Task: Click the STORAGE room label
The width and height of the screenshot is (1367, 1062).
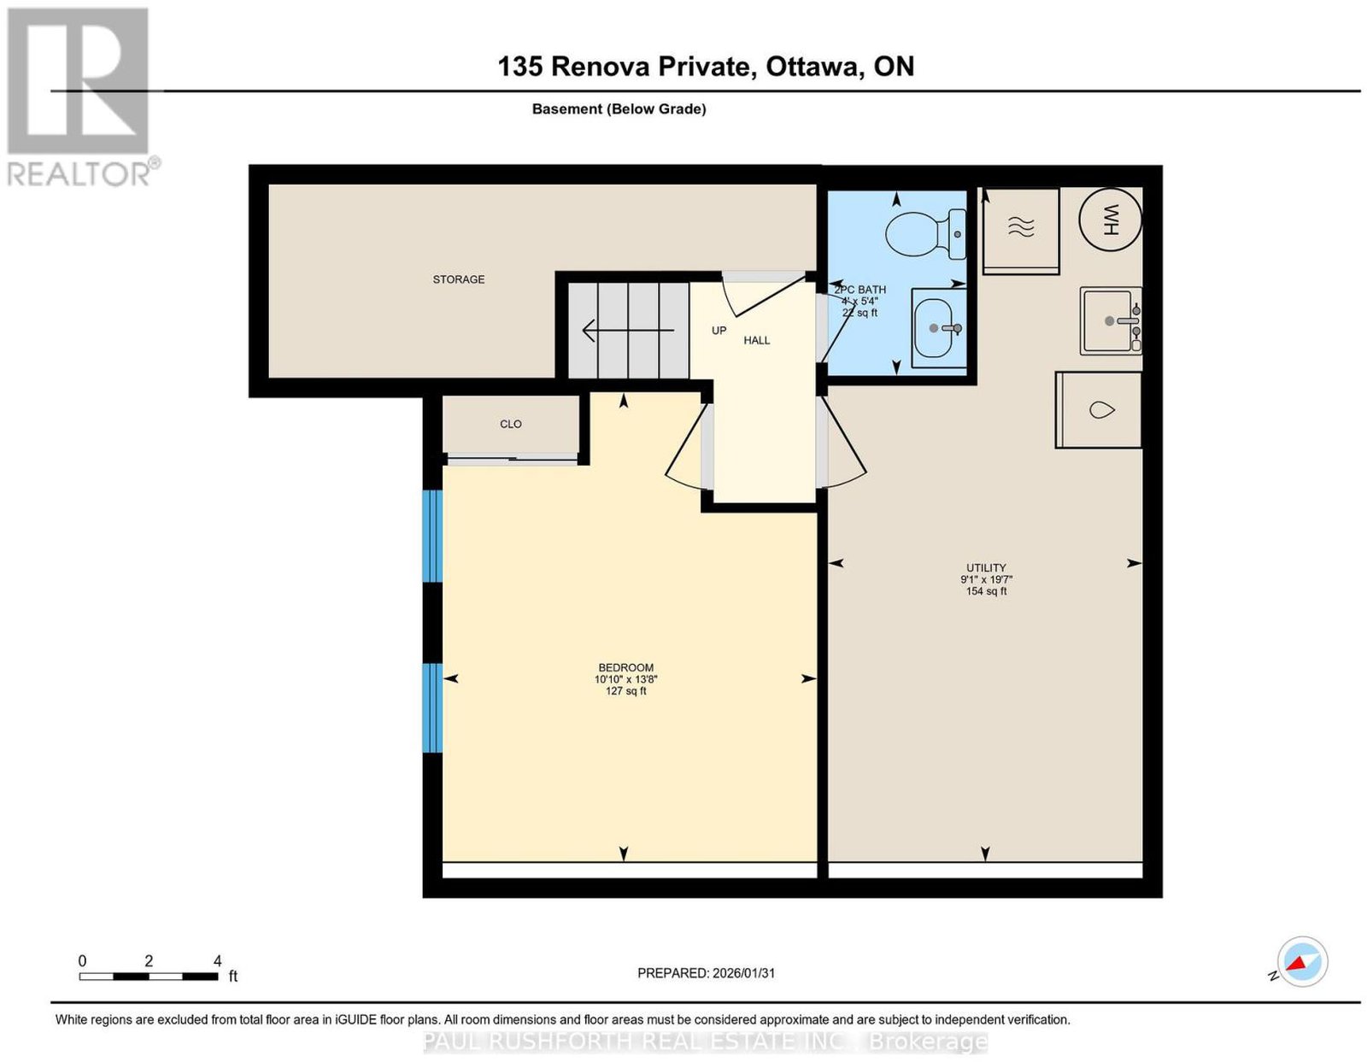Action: [x=458, y=279]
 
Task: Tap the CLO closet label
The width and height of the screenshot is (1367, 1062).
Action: [x=510, y=424]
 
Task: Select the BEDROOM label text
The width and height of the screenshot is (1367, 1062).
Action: [x=625, y=667]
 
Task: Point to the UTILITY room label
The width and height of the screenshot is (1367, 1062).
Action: [x=986, y=567]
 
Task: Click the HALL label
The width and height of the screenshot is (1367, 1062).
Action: [x=756, y=340]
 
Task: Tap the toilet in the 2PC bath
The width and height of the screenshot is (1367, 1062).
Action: [x=925, y=234]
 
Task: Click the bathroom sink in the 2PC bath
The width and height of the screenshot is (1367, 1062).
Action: [x=939, y=328]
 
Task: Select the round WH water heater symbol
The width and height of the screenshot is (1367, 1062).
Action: [x=1110, y=220]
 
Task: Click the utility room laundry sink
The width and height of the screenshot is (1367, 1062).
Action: [x=1111, y=320]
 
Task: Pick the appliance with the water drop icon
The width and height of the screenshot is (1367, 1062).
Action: [x=1099, y=410]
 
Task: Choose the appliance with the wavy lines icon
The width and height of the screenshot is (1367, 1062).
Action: [x=1021, y=230]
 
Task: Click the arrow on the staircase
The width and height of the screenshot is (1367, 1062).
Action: [x=629, y=330]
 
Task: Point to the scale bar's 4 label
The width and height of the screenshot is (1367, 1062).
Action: [x=217, y=960]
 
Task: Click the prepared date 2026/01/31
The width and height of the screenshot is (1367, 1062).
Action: [x=743, y=972]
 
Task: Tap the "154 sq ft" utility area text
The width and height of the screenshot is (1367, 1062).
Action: [x=986, y=591]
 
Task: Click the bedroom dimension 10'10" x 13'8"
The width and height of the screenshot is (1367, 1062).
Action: [x=625, y=679]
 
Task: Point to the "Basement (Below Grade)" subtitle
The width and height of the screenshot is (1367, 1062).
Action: [x=619, y=109]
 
